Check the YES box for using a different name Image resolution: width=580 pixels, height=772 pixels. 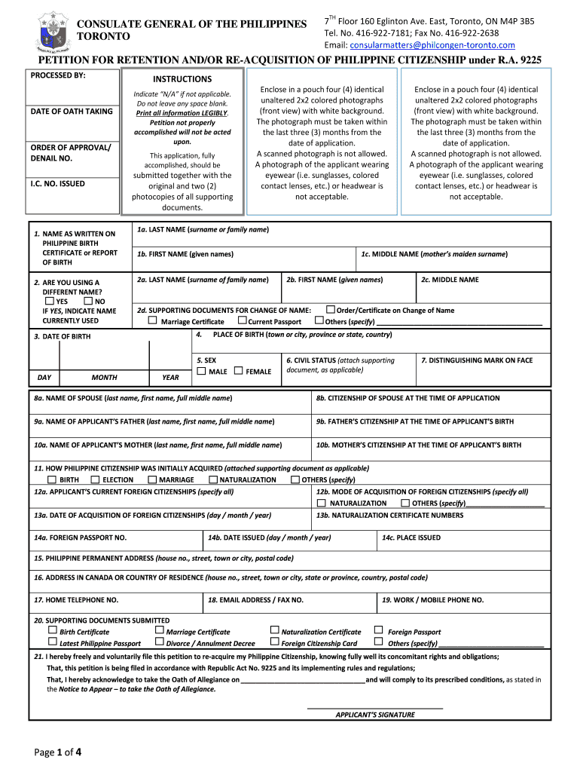[x=50, y=301]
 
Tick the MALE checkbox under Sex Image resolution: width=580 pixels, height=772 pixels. [x=201, y=371]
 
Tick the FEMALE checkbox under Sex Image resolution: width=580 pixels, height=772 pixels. [x=239, y=371]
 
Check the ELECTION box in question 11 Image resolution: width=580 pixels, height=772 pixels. [x=95, y=479]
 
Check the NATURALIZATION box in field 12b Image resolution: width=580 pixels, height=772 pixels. [x=322, y=503]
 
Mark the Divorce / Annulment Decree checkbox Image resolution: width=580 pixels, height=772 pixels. [x=159, y=642]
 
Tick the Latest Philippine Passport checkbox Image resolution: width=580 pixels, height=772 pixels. [x=52, y=642]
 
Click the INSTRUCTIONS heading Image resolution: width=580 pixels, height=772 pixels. [x=182, y=79]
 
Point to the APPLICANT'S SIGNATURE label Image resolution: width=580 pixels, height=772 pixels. [x=374, y=715]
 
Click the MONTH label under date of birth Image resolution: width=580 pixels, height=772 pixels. [x=104, y=377]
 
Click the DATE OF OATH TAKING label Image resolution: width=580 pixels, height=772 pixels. [x=72, y=112]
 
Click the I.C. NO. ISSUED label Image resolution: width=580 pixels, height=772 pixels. [x=57, y=183]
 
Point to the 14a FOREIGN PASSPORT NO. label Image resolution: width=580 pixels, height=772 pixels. [x=80, y=538]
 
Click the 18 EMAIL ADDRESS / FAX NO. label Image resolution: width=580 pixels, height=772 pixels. [x=255, y=600]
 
